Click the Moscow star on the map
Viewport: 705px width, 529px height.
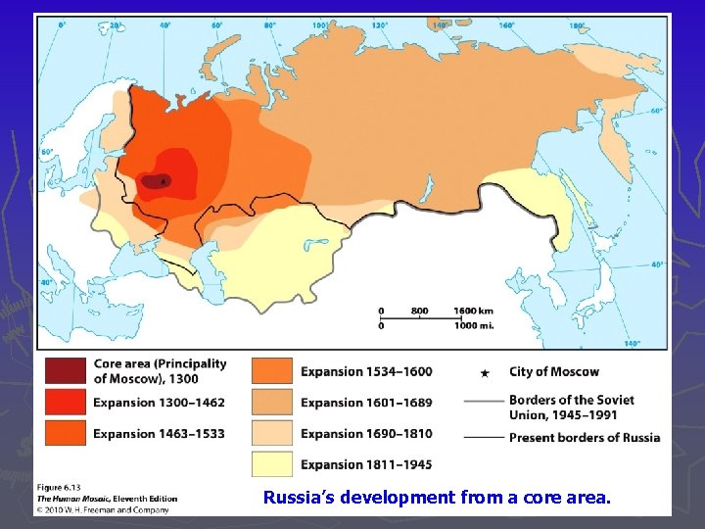[x=163, y=180]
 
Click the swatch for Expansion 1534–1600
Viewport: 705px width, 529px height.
[x=272, y=371]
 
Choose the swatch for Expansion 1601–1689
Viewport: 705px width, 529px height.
[x=272, y=403]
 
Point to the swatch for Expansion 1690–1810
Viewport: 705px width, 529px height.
[x=272, y=434]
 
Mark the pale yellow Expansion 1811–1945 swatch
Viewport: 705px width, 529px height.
[x=272, y=464]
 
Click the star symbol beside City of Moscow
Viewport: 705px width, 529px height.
[x=487, y=372]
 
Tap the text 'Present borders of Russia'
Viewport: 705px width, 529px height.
[x=584, y=438]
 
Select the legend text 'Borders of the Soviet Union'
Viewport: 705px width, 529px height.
[x=571, y=400]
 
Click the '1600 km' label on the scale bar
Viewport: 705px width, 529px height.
[x=473, y=311]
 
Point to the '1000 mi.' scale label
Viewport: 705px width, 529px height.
[x=473, y=325]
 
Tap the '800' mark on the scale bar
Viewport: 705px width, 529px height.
[x=419, y=311]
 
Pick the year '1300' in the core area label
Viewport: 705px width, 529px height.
[x=182, y=378]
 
